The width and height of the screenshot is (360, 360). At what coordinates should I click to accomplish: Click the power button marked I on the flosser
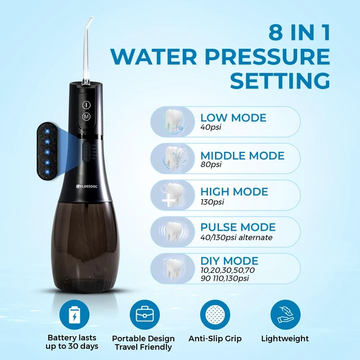pos(86,105)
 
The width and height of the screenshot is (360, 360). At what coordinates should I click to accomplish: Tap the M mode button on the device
pos(86,116)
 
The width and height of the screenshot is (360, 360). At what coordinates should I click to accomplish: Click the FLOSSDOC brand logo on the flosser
pos(87,186)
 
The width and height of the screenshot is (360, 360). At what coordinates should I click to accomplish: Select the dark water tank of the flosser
pos(80,246)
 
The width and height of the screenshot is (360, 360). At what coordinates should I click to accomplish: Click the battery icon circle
pos(74,314)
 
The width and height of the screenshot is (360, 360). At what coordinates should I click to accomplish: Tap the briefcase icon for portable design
pos(145,314)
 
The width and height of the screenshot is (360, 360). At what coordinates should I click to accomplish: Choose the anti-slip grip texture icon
pos(215,314)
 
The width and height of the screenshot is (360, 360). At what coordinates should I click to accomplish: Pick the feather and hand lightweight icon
pos(285,314)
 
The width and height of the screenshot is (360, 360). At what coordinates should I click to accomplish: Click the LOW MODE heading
pos(233,118)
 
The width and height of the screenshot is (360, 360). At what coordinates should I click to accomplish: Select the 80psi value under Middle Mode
pos(211,164)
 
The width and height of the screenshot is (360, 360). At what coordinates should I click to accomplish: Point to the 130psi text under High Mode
pos(212,202)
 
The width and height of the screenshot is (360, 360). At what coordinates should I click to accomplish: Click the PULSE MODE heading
pos(238,227)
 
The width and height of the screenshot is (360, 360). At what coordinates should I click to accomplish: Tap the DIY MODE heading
pos(229,261)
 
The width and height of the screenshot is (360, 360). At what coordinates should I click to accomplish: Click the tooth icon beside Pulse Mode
pos(173,232)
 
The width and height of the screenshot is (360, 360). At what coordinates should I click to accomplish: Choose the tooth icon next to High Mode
pos(173,195)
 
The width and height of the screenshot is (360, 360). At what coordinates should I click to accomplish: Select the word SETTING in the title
pos(280,80)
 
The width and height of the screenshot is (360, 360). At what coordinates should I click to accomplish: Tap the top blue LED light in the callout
pos(47,131)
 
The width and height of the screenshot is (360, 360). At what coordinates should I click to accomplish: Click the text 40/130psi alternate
pos(236,237)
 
